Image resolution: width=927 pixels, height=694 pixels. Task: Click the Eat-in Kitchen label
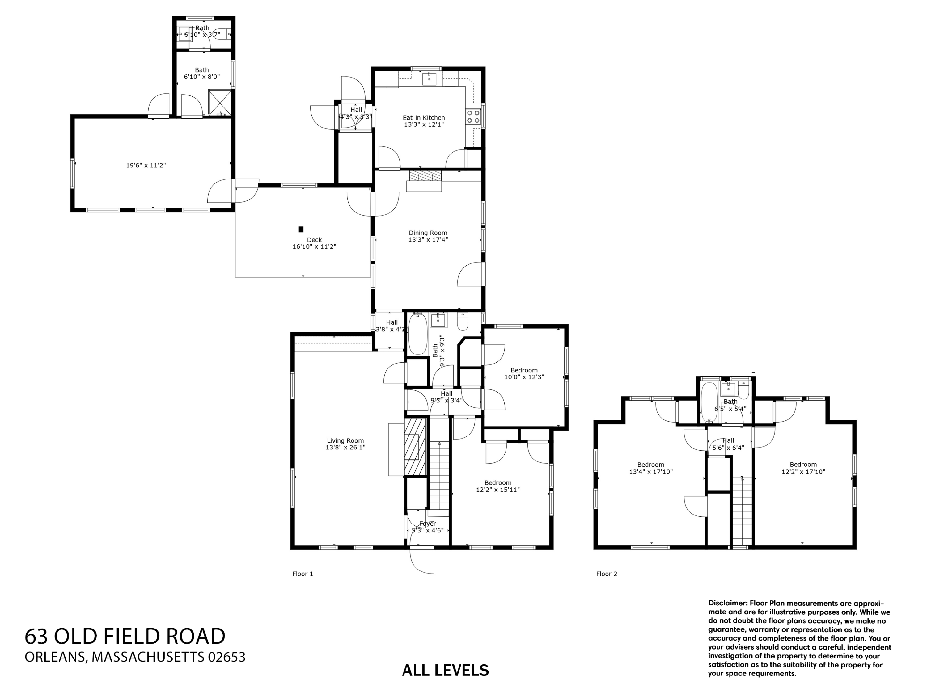(x=423, y=118)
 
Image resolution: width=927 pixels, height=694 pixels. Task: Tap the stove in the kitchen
(x=473, y=116)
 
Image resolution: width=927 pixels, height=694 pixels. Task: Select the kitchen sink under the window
(x=429, y=78)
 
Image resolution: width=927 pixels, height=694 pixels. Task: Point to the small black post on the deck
(x=300, y=229)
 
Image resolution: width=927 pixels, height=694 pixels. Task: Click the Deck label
(x=314, y=240)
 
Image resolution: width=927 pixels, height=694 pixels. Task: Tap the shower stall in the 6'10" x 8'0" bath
(x=220, y=102)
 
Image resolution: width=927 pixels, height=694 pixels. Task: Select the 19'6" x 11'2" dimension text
(x=146, y=166)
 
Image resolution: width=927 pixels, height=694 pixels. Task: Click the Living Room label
(x=345, y=441)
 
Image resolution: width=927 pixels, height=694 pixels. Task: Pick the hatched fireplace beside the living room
(x=415, y=447)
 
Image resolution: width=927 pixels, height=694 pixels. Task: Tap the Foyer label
(x=427, y=524)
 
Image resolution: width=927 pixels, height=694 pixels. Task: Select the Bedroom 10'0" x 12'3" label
(x=524, y=370)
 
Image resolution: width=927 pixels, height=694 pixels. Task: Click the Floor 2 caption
(x=606, y=574)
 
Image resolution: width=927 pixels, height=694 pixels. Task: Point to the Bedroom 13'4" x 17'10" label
(x=650, y=465)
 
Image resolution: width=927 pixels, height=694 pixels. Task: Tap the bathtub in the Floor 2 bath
(x=709, y=402)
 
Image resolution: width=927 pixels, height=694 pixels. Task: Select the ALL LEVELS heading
(x=445, y=670)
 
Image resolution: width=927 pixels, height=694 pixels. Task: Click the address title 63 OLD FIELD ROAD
(x=125, y=636)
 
